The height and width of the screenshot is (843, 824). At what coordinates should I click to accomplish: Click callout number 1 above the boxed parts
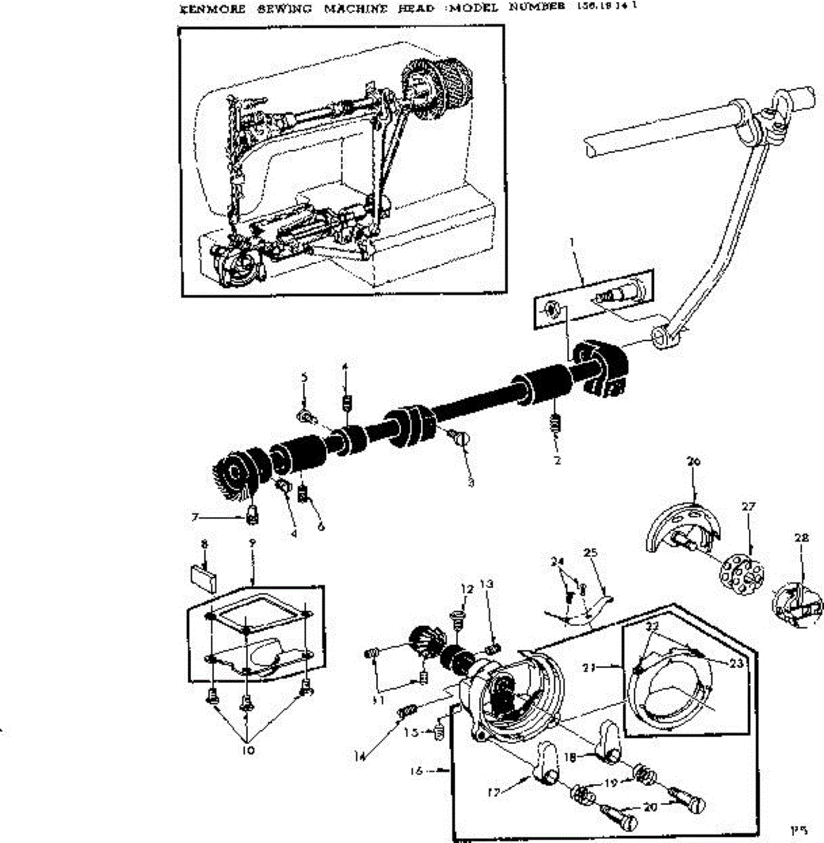(572, 242)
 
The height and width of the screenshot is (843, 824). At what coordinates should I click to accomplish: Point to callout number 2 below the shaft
(557, 462)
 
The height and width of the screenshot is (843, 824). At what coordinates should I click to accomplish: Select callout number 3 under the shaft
(471, 483)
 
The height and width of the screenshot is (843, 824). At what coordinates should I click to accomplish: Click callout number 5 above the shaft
(304, 377)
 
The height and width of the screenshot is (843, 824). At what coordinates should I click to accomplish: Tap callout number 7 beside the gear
(195, 518)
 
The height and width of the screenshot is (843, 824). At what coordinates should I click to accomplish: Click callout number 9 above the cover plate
(252, 543)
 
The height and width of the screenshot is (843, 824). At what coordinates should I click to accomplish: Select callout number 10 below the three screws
(248, 750)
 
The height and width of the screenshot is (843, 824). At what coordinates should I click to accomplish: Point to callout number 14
(360, 757)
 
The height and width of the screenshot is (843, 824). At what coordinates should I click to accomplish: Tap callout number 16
(417, 771)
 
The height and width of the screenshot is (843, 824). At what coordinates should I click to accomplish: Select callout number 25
(590, 553)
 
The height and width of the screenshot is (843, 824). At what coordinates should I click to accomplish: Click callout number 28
(802, 538)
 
